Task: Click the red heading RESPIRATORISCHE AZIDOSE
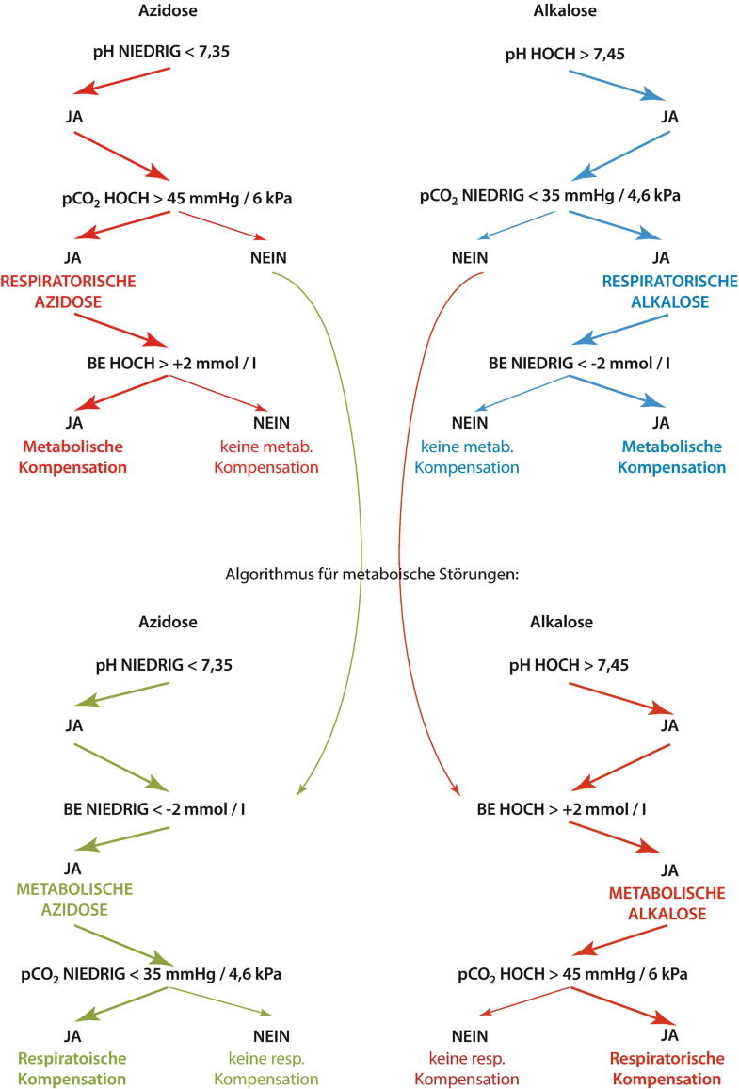point(69,290)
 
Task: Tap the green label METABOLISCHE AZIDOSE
point(74,900)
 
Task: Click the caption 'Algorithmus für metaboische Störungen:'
point(373,575)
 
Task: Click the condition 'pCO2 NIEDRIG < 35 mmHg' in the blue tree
point(550,197)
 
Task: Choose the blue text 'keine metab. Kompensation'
point(469,456)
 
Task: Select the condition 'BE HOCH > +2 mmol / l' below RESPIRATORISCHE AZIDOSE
point(169,363)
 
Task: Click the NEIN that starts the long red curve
point(469,257)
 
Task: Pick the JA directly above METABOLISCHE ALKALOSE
point(669,870)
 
